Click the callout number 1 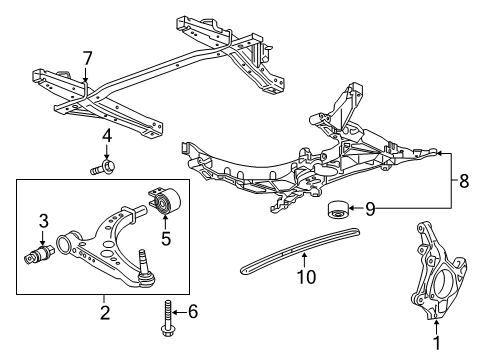(436, 344)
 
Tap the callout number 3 (43, 221)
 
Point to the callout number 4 (106, 135)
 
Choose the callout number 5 (165, 238)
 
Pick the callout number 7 (87, 57)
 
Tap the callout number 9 (371, 209)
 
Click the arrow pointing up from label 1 (436, 325)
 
